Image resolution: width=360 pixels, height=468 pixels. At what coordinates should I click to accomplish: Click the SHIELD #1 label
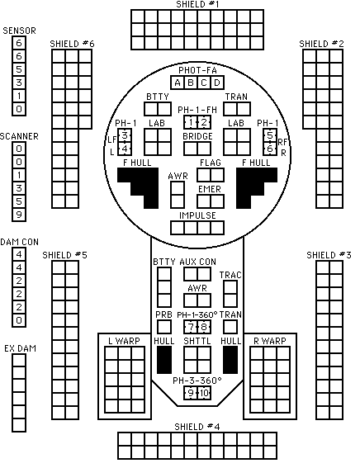coord(197,4)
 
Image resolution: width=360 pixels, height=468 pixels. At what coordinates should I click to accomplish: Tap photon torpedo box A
coord(178,83)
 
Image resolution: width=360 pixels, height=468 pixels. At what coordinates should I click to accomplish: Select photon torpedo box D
coord(217,83)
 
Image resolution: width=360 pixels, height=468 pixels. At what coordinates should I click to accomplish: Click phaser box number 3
coord(125,135)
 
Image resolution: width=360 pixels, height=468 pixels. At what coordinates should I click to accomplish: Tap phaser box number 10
coord(204,393)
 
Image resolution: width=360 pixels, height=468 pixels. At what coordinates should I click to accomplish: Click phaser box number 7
coord(191,327)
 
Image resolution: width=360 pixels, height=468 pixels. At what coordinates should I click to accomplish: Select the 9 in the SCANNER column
coord(19,215)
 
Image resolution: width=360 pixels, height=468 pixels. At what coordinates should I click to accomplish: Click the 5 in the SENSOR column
coord(19,69)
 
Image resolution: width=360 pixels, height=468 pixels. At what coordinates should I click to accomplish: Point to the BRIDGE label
coord(197,136)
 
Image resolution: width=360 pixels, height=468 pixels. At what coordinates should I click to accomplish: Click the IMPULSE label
coord(197,215)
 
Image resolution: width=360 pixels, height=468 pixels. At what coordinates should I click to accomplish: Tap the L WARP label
coord(124,341)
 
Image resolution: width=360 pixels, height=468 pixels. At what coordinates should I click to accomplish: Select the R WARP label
coord(270,341)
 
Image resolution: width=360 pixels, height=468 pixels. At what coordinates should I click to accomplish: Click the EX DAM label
coord(20,348)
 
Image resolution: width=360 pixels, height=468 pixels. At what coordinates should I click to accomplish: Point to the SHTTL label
coord(197,341)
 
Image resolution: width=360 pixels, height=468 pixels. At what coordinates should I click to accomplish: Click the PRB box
coord(164,327)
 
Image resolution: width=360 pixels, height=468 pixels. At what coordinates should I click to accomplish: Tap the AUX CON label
coord(197,262)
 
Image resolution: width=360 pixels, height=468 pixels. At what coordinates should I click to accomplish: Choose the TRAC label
coord(230,275)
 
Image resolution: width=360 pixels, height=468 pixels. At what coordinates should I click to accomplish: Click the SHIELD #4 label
coord(197,427)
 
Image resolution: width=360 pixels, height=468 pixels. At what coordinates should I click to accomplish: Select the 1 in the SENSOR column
coord(19,96)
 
